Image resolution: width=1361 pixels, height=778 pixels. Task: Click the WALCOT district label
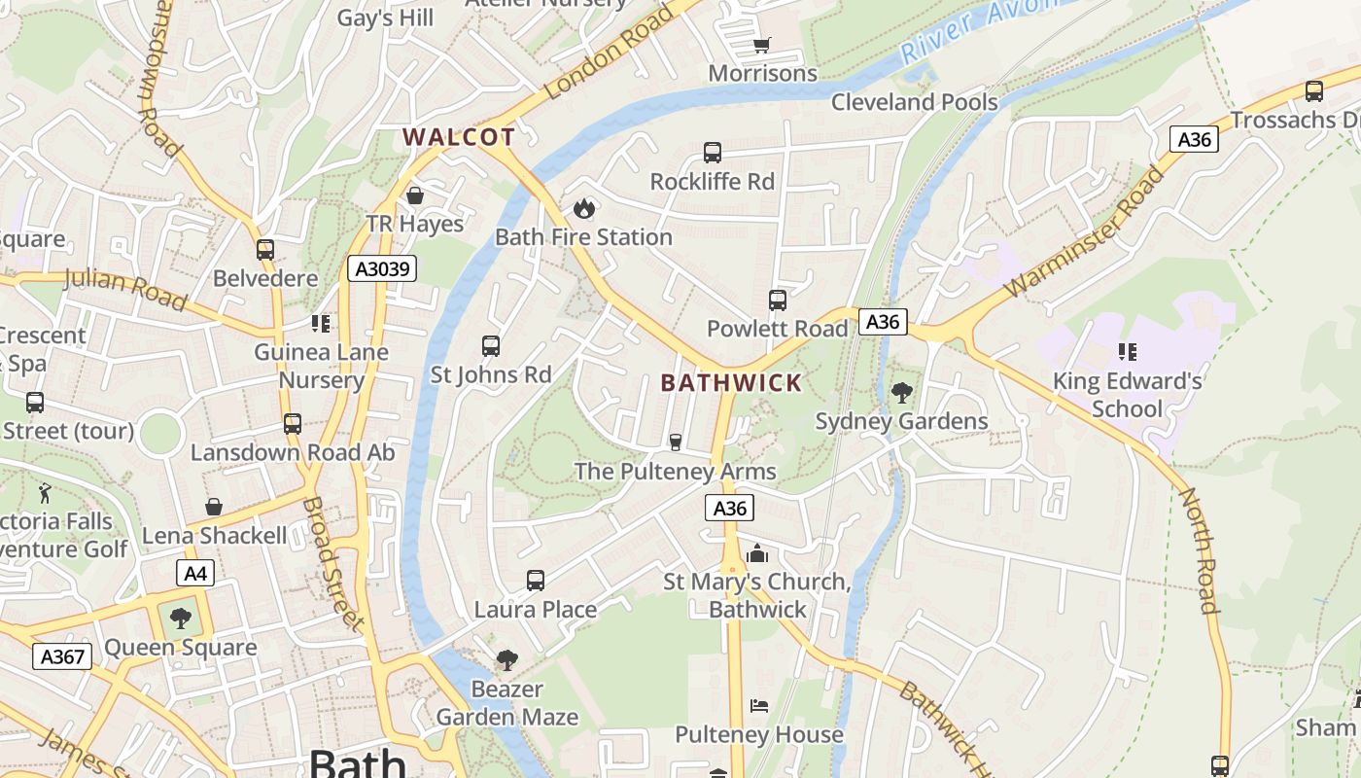pos(458,137)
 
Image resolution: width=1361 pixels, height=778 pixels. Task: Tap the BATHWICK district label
pos(731,383)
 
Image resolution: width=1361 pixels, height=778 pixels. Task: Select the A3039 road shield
pos(382,268)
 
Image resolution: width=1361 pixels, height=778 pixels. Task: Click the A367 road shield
pos(63,656)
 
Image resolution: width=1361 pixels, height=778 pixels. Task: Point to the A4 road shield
pos(195,573)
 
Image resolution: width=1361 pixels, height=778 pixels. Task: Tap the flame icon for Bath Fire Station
pos(583,208)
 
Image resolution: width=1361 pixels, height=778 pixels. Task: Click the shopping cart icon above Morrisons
pos(762,46)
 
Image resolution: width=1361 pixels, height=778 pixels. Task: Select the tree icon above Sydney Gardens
pos(901,393)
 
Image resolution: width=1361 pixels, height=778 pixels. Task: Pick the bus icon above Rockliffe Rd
pos(713,153)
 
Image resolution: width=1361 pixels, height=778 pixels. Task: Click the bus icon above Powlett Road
pos(777,300)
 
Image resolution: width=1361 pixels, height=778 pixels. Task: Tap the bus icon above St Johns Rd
pos(491,345)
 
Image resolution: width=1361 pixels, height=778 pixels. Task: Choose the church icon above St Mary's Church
pos(756,554)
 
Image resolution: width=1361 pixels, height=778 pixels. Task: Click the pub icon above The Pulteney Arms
pos(676,442)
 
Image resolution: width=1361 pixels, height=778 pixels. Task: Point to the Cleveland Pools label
pos(914,102)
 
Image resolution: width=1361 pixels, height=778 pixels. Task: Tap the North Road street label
pos(1199,550)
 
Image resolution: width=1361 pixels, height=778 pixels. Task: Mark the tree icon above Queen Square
pos(181,618)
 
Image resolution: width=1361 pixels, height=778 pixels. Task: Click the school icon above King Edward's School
pos(1127,351)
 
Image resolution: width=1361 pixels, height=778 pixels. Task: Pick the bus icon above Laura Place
pos(535,581)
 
